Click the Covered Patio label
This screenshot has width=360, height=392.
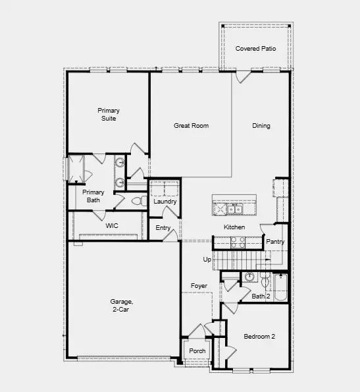pos(256,49)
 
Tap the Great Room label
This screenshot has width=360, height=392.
pos(191,125)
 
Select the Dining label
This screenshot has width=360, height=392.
pos(261,125)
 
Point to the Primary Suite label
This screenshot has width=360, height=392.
pos(109,114)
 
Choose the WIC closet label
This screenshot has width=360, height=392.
pos(112,225)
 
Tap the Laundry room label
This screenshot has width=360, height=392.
pos(165,202)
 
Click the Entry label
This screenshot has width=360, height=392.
pos(163,228)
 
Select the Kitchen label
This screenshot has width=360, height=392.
pos(234,227)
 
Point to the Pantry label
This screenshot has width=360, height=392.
pos(275,242)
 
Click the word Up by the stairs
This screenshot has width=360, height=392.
pos(207,260)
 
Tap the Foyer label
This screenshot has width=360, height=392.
pos(199,286)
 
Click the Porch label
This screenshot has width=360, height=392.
pos(197,350)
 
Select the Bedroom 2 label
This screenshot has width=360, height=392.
pos(259,337)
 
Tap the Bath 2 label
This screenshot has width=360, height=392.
pos(261,296)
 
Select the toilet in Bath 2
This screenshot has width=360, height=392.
pos(265,283)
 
